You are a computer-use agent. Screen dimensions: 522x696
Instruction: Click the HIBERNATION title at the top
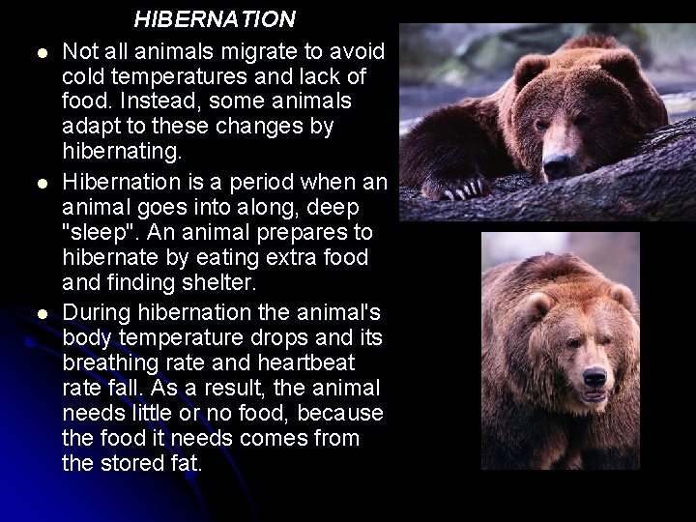pyautogui.click(x=215, y=18)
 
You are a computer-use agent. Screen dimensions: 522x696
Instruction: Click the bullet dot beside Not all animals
pyautogui.click(x=33, y=52)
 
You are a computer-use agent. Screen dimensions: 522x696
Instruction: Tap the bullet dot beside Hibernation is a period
pyautogui.click(x=33, y=182)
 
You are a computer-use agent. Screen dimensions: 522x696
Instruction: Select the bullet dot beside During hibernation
pyautogui.click(x=33, y=312)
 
